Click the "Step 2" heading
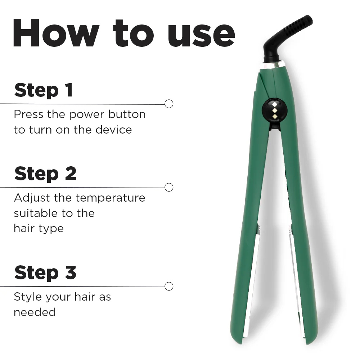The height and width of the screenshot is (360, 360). point(45,174)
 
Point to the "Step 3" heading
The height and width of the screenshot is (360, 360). point(45,273)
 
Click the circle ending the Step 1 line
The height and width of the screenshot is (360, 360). point(169,104)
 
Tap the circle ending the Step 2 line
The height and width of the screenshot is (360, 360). point(169,188)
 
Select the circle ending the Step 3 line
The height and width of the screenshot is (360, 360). point(169,287)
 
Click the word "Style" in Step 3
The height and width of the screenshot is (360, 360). point(27,297)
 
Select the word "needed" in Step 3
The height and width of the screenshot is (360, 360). point(35,312)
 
